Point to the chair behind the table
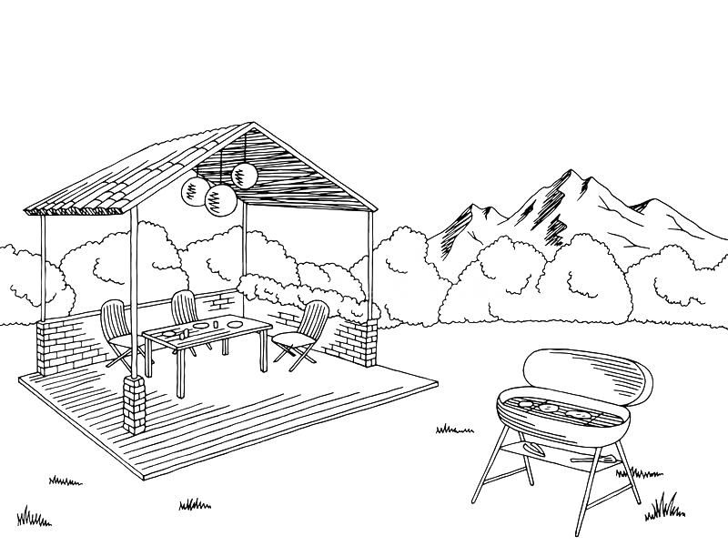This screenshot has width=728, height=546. [x=185, y=309]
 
